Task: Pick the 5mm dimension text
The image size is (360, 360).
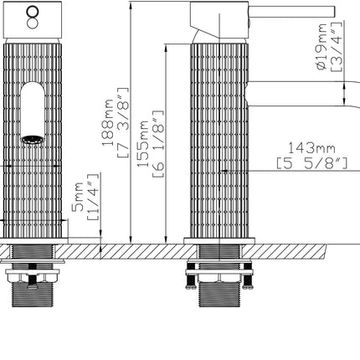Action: click(x=78, y=198)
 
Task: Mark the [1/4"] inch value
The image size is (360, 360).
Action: click(x=94, y=198)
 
